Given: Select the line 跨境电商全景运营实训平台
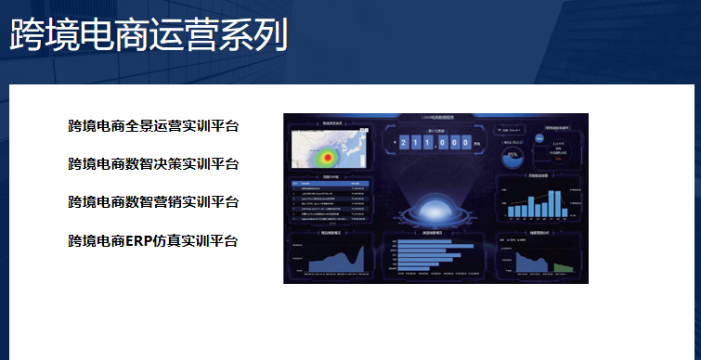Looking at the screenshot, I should pos(153,126).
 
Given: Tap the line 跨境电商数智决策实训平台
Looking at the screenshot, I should pos(153,164).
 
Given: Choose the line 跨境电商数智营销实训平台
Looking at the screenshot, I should pos(153,202).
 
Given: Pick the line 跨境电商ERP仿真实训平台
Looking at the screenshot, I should pos(153,241).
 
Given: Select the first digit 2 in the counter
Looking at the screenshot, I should pos(405,143).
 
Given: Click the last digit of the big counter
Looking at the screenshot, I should pos(463,143).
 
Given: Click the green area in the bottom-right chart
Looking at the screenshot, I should pos(562,267).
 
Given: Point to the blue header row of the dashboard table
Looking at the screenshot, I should pos(331,184).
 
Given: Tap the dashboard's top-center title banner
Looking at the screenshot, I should pos(435,118).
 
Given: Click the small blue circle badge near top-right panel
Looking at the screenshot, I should pos(539,137).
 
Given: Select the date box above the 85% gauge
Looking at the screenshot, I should pos(513,131).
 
